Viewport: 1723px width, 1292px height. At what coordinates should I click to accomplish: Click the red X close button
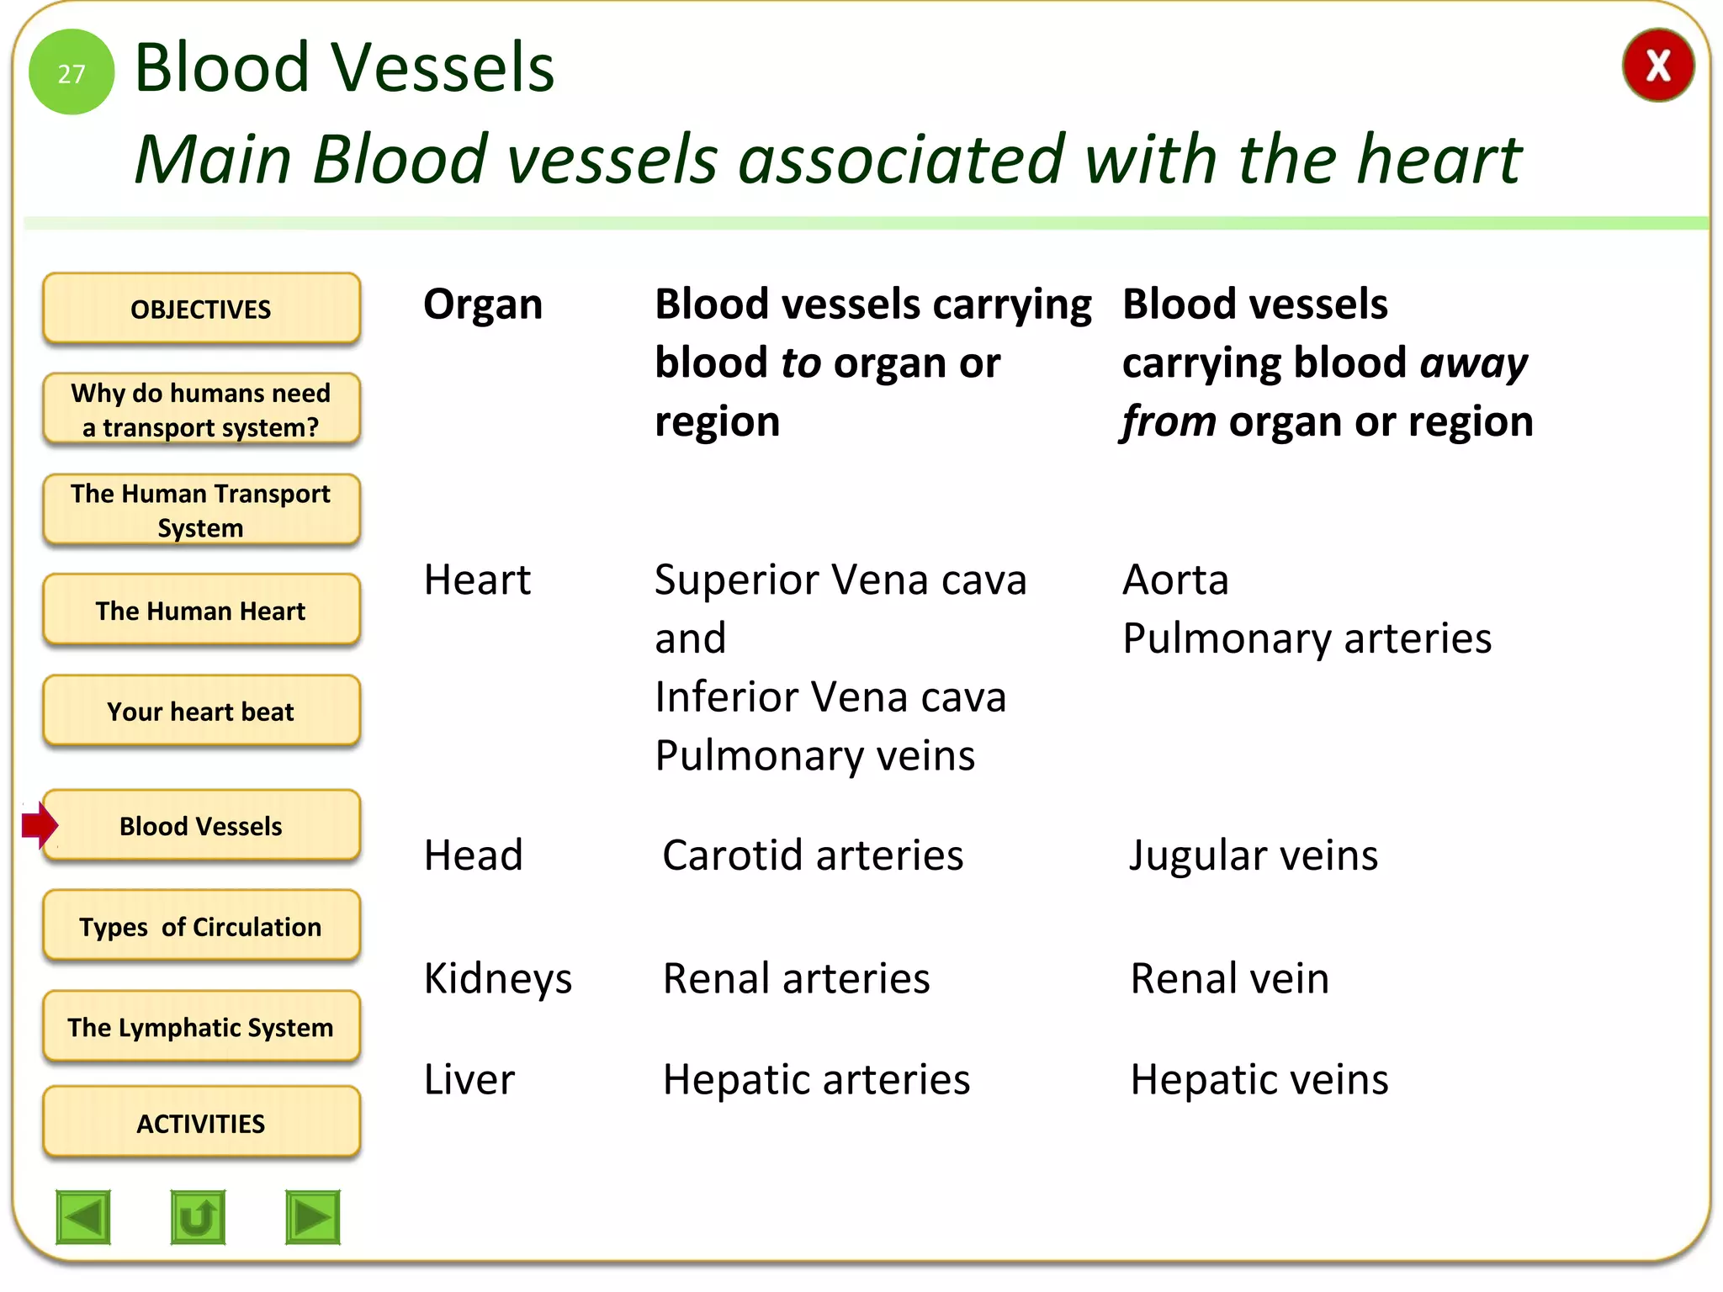point(1657,66)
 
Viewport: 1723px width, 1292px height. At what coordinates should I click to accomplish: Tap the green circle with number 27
point(72,72)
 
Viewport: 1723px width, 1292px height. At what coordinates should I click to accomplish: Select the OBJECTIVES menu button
point(201,309)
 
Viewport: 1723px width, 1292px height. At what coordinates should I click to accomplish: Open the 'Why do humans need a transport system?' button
point(201,410)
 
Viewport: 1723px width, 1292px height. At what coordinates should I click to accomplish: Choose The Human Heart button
point(201,611)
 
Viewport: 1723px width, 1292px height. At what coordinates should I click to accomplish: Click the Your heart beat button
point(201,712)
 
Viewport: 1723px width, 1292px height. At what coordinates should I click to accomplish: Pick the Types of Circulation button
point(201,926)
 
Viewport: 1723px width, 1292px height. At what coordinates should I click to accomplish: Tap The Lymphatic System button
point(201,1027)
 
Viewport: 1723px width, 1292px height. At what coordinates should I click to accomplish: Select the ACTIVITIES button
point(201,1123)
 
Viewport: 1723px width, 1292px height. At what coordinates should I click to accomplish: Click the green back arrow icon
point(83,1216)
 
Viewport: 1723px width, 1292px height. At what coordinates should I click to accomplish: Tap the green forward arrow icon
point(313,1216)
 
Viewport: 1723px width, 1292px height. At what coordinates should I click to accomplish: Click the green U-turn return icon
point(198,1216)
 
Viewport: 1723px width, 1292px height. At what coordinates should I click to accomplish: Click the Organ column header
point(483,304)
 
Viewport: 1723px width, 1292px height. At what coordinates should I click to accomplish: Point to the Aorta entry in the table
point(1175,580)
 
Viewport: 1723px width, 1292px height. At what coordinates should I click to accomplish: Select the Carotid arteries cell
point(813,855)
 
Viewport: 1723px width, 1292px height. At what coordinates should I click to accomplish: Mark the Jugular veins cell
point(1253,855)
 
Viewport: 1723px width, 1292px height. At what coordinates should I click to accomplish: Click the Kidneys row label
point(498,979)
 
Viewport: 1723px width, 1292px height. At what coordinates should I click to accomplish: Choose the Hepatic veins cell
point(1259,1079)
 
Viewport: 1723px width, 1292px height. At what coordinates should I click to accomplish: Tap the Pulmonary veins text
point(814,755)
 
